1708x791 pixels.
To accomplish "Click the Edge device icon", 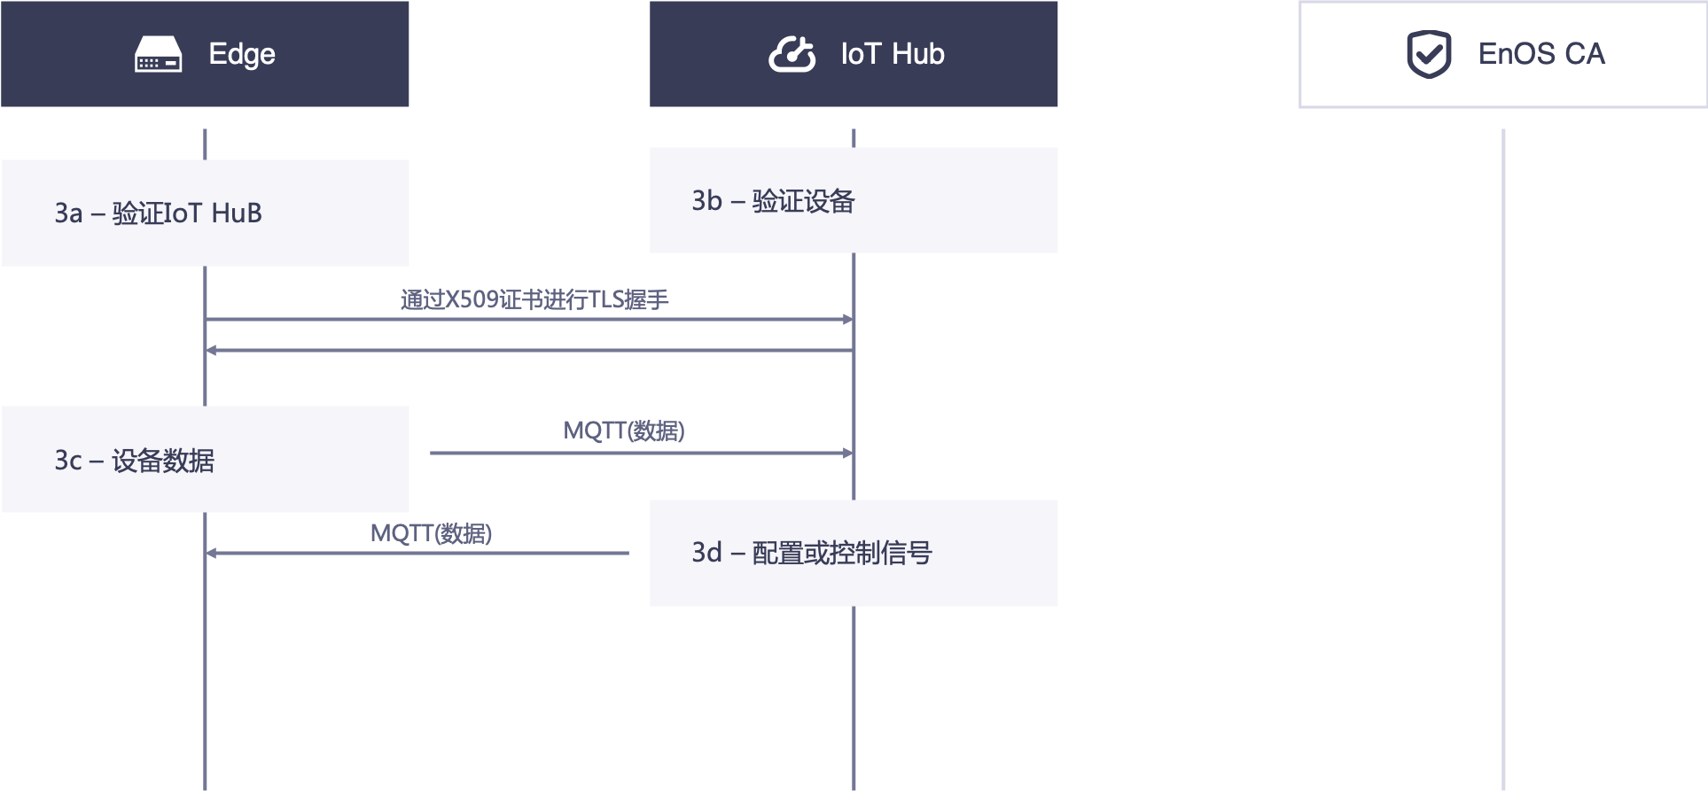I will pyautogui.click(x=158, y=54).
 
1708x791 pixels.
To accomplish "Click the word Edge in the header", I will pyautogui.click(x=242, y=54).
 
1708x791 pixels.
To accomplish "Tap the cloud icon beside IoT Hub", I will pyautogui.click(x=792, y=54).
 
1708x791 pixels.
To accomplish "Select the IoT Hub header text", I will pyautogui.click(x=893, y=54).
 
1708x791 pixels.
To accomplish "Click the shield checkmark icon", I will pyautogui.click(x=1429, y=54).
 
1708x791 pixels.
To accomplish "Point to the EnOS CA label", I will pyautogui.click(x=1541, y=54).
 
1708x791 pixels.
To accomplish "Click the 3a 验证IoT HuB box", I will pyautogui.click(x=205, y=213).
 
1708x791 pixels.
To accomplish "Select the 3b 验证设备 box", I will pyautogui.click(x=854, y=200).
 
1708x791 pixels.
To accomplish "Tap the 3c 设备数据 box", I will pyautogui.click(x=205, y=459).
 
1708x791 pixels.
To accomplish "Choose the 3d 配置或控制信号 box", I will pyautogui.click(x=854, y=553).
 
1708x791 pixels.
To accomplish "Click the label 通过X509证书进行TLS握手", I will pyautogui.click(x=534, y=299).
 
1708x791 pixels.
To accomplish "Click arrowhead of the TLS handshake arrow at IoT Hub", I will pyautogui.click(x=848, y=319).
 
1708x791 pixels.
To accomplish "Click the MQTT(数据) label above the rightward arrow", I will pyautogui.click(x=624, y=430).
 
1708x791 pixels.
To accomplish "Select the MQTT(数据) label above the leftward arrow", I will pyautogui.click(x=431, y=533).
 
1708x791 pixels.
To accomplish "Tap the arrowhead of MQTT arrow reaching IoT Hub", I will pyautogui.click(x=848, y=453).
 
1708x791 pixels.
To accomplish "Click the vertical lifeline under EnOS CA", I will pyautogui.click(x=1503, y=443).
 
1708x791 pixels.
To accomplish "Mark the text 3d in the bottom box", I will pyautogui.click(x=706, y=553).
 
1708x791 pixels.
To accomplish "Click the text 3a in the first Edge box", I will pyautogui.click(x=68, y=213).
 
